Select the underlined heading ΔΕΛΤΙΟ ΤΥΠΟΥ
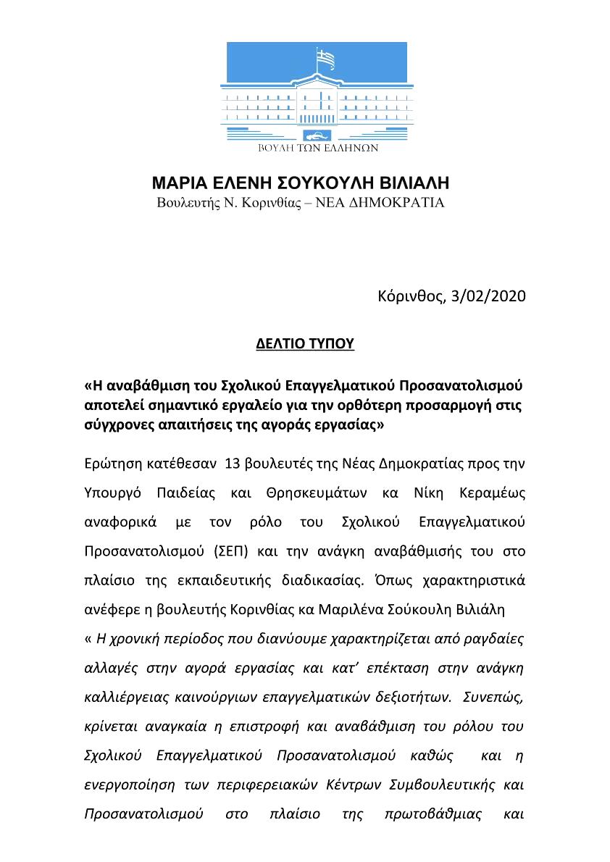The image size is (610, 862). (x=305, y=343)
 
